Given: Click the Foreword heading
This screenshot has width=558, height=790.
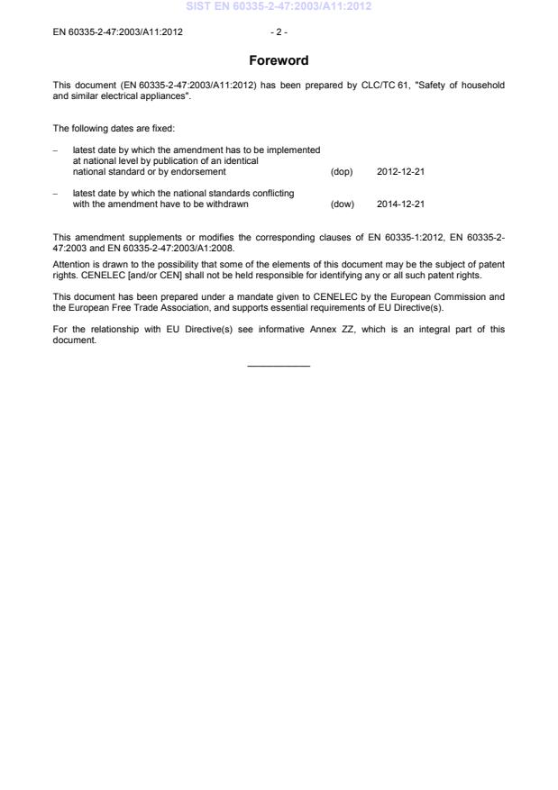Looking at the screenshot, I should click(279, 61).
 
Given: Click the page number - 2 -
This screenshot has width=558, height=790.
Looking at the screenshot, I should click(279, 32).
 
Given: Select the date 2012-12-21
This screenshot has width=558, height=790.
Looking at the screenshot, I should click(400, 171).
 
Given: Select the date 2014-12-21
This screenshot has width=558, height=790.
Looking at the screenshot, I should click(400, 204).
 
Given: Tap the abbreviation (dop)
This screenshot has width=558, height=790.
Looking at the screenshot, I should click(342, 171).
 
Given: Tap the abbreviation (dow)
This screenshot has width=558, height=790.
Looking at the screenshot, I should click(343, 204).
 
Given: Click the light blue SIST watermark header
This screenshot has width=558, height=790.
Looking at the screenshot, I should click(279, 6).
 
